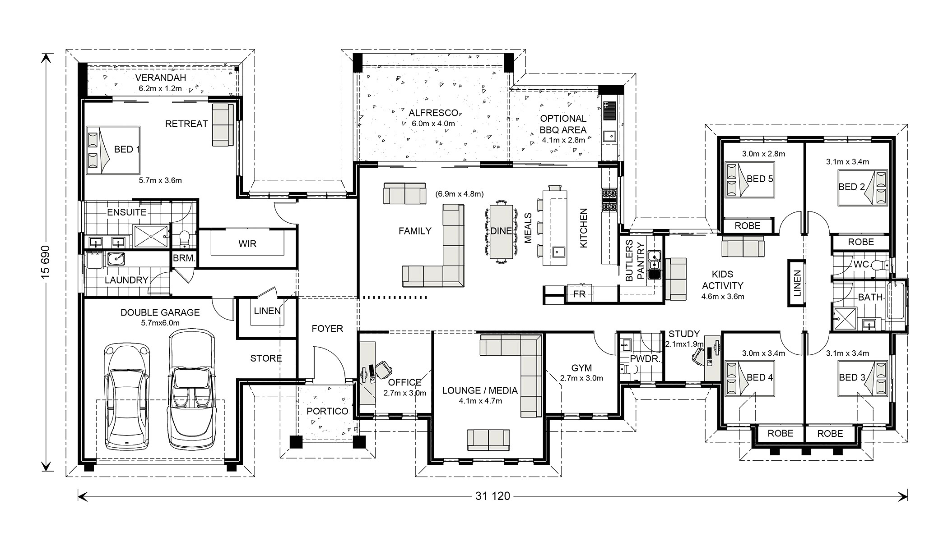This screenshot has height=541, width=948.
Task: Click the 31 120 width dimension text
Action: coord(493,496)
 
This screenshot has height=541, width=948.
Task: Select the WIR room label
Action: coord(247,244)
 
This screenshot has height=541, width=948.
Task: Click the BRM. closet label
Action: coord(184,259)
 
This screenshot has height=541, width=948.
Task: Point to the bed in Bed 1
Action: coord(113,150)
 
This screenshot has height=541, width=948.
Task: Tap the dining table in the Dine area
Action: coord(501,231)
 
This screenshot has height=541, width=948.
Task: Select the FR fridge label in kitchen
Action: coord(579,294)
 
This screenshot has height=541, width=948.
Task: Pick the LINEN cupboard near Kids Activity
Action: coord(797,284)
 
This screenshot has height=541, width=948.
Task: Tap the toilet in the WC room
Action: coord(880,265)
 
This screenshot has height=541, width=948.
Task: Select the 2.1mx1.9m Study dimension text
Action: coord(684,344)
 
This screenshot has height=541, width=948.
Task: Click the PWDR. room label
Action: coord(641,359)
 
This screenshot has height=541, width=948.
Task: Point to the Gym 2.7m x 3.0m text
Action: coord(581,378)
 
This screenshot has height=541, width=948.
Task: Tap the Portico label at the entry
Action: coord(327,411)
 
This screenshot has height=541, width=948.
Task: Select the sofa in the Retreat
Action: coord(223,125)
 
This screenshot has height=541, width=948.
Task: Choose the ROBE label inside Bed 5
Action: coord(748,226)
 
